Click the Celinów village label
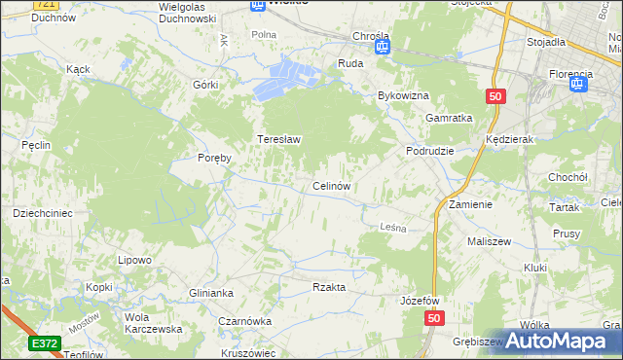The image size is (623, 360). [x=331, y=185]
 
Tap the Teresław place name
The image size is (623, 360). [x=278, y=139]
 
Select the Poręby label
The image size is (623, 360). [x=214, y=158]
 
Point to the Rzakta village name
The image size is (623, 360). [x=329, y=287]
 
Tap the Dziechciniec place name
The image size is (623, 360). [x=43, y=212]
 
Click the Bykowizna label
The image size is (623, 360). [x=403, y=96]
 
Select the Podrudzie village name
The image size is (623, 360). [x=430, y=152]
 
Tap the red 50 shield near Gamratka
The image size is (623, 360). [x=495, y=96]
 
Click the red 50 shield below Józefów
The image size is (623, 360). [x=434, y=318]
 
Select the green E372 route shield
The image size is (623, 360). [x=44, y=342]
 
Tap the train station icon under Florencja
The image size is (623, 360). [x=580, y=84]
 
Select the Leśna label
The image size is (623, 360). [x=391, y=227]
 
